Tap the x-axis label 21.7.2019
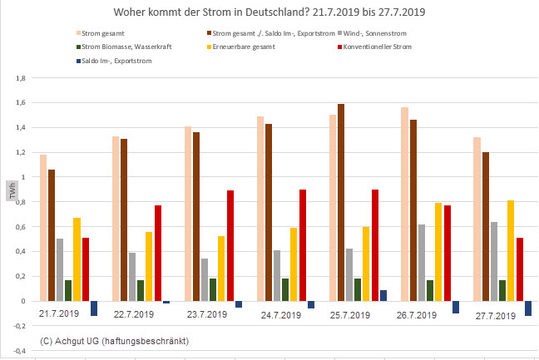[x=59, y=313]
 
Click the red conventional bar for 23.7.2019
[x=230, y=245]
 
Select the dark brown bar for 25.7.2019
[x=341, y=202]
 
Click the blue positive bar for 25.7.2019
[x=383, y=295]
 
